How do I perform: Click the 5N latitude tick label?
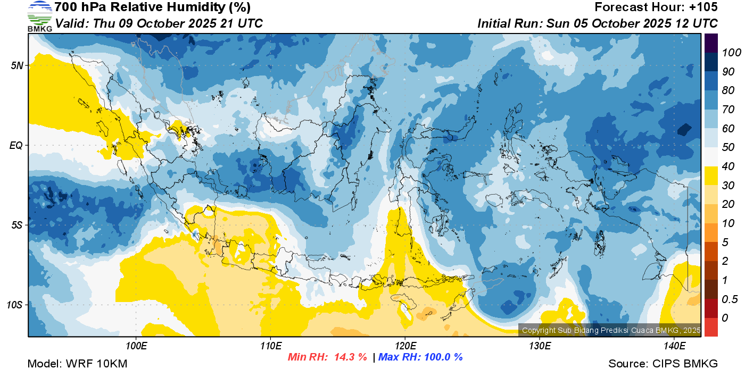17,65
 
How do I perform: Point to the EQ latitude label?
16,145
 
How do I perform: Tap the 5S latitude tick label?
17,225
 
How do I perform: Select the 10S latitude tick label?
15,305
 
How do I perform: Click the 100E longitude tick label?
136,346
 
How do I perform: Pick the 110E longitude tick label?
271,346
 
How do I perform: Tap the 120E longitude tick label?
405,346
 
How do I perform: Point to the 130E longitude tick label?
540,346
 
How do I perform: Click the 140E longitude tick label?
675,346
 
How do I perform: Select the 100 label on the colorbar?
731,53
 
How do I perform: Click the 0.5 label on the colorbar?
729,299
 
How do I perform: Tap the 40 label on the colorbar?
728,166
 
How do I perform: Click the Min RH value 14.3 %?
351,357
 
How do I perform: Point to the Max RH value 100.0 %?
443,357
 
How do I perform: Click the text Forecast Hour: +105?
656,7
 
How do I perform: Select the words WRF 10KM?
96,364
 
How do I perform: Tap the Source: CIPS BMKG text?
663,364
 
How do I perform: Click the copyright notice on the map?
611,330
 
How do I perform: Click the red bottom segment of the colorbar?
711,327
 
